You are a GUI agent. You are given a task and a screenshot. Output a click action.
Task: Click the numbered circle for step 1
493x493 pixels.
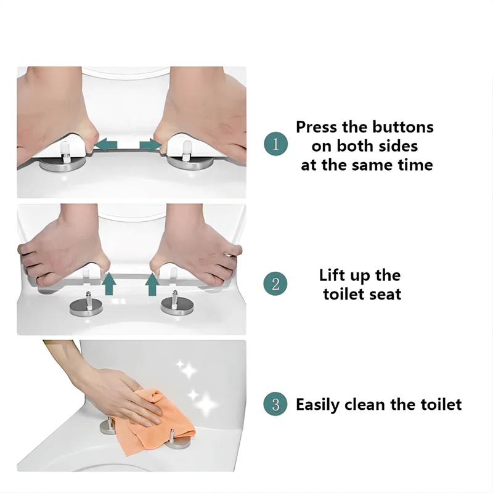tap(275, 145)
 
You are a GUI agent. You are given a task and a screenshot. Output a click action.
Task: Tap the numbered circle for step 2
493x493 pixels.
tap(275, 284)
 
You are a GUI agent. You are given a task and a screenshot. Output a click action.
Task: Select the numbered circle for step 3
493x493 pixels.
tap(275, 404)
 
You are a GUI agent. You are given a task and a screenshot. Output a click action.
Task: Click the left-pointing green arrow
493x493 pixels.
tap(106, 145)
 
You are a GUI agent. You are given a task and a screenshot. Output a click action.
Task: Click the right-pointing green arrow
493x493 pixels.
tap(150, 145)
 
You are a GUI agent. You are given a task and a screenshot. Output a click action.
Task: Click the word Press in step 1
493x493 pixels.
tap(317, 127)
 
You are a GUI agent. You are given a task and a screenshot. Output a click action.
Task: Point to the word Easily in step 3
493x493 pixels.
tap(318, 405)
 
